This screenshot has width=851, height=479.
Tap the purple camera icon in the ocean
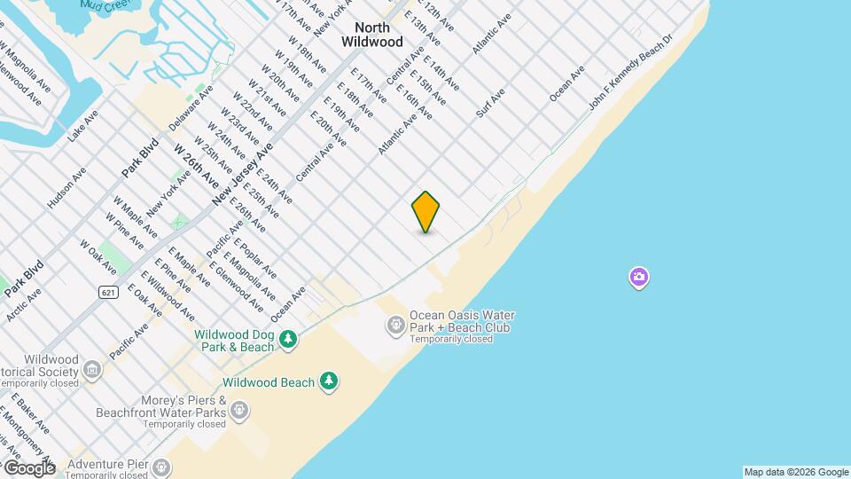638,278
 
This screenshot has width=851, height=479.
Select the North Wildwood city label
372,35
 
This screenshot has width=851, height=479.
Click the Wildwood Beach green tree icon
329,381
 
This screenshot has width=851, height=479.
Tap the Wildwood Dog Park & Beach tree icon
287,339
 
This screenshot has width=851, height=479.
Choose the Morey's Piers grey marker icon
238,410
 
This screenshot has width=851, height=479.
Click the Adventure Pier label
108,464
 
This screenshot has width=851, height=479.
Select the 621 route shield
108,292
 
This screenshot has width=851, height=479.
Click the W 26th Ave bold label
196,166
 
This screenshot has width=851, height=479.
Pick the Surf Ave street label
490,102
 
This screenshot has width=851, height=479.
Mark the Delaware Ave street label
192,107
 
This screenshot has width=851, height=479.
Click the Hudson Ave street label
66,188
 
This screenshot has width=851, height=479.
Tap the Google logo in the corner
29,467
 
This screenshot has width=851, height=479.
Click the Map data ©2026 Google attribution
795,472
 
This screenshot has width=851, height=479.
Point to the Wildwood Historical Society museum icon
91,368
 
